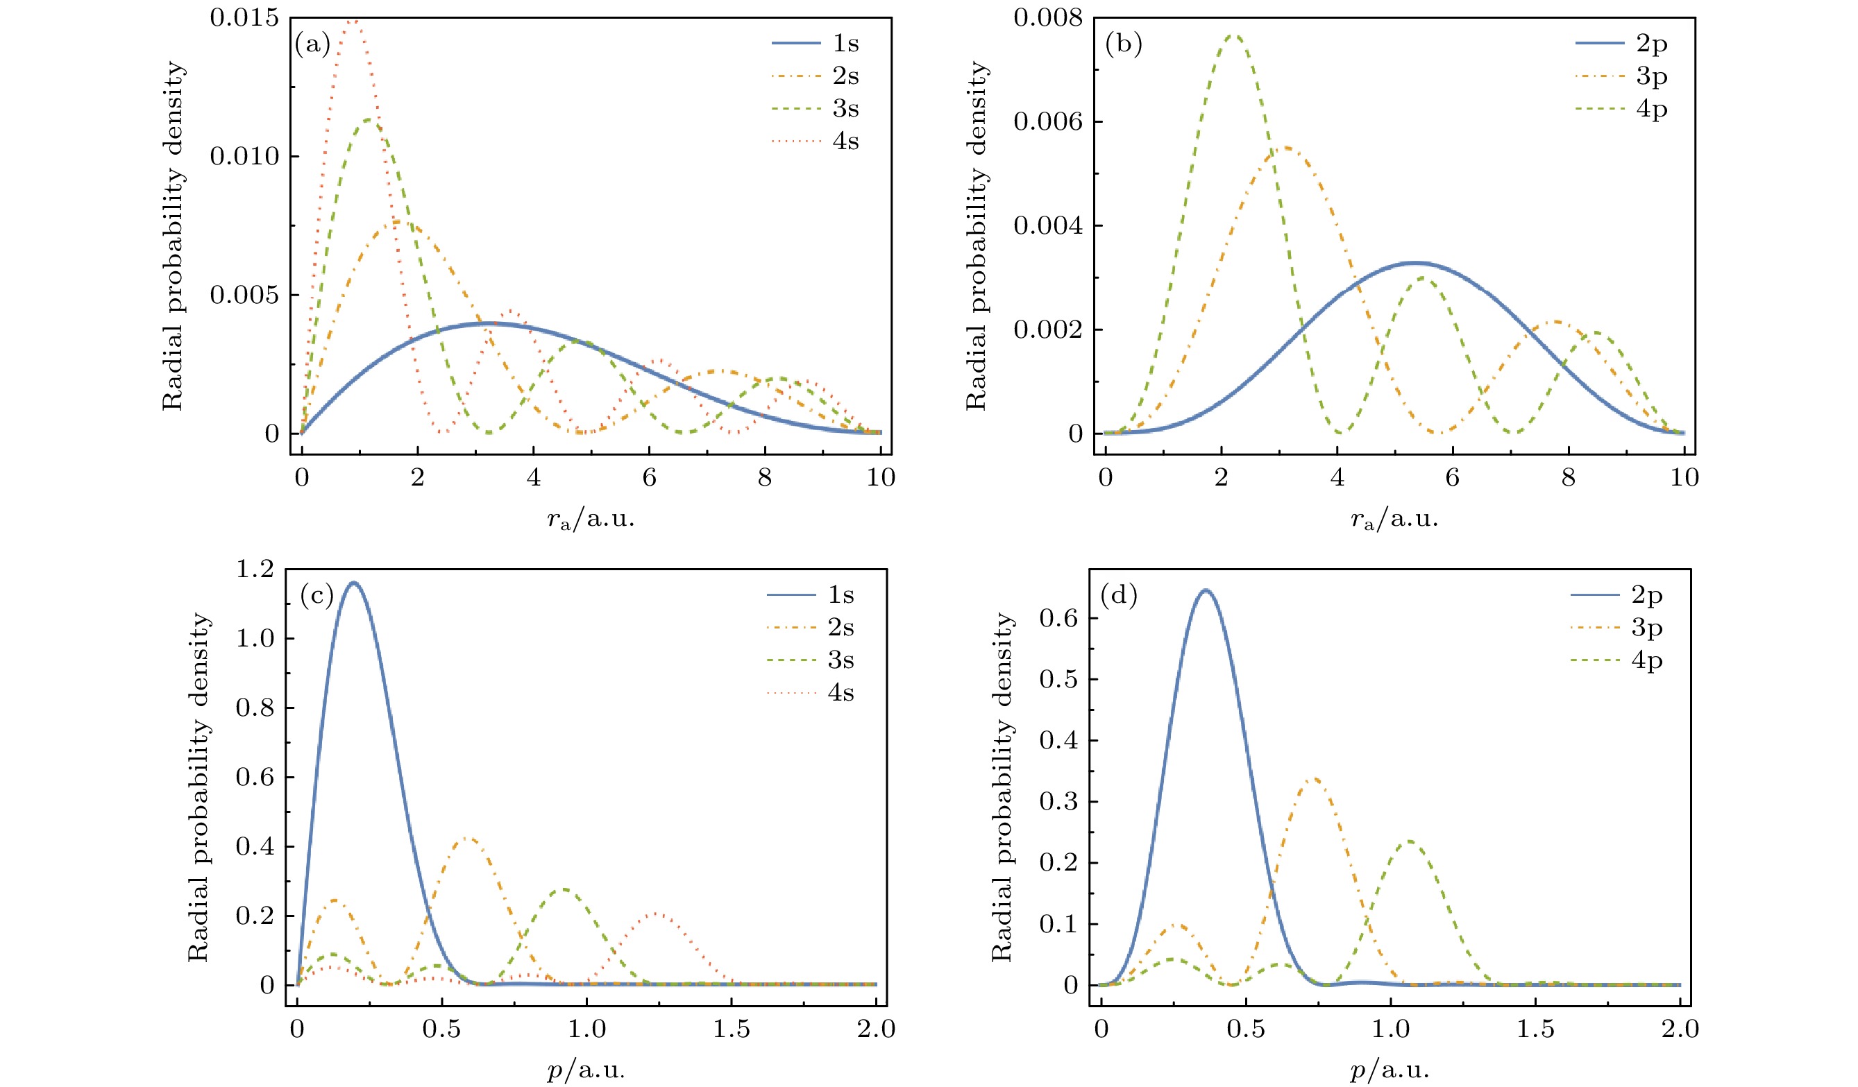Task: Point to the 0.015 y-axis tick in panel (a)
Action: [245, 17]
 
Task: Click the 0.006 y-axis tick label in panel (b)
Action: [1048, 121]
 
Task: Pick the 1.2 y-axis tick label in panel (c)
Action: [254, 569]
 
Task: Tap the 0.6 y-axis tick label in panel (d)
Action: [1058, 617]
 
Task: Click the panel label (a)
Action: [312, 44]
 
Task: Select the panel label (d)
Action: [1119, 594]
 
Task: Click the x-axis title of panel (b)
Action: [1394, 520]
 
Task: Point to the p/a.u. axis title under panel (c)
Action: [586, 1070]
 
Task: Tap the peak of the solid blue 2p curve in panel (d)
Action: [1206, 590]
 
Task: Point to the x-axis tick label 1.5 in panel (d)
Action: [1535, 1029]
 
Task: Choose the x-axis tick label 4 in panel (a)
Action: [533, 477]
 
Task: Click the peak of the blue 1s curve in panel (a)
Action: [487, 323]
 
